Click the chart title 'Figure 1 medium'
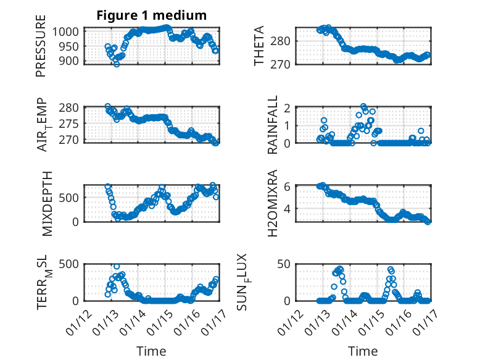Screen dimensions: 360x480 point(151,15)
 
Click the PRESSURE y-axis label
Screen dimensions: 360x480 point(41,50)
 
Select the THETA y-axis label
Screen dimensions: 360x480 point(259,46)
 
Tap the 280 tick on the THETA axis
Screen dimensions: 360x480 point(282,41)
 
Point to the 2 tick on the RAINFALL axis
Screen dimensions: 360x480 point(288,107)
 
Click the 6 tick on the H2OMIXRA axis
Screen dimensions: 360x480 point(288,186)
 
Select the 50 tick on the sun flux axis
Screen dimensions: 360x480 point(285,264)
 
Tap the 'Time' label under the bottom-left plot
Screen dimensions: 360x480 point(151,351)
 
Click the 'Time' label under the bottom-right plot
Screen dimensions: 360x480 point(363,351)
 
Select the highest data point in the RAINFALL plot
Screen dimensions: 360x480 point(363,106)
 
